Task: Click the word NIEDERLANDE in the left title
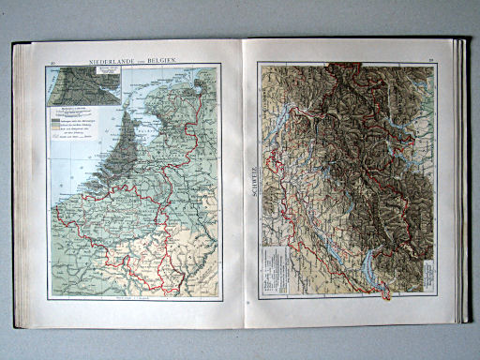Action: tap(112, 62)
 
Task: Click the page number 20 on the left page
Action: tap(53, 64)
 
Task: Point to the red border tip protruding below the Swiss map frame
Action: tap(388, 297)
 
